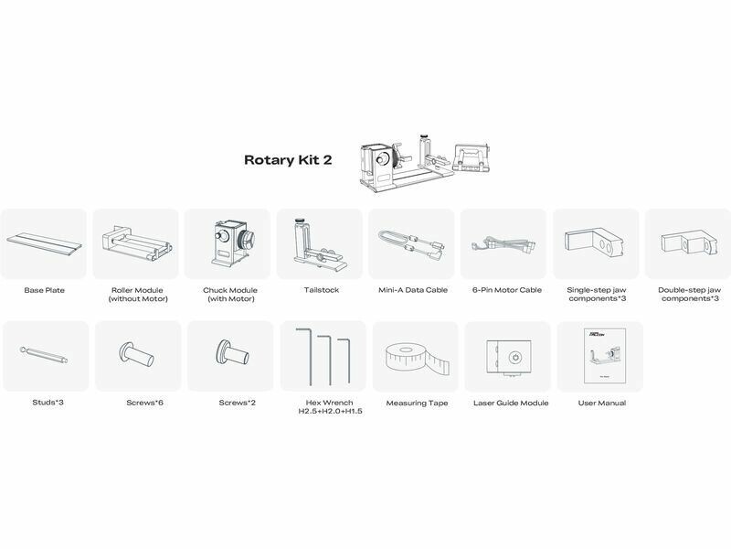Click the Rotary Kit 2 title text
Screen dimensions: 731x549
coord(288,159)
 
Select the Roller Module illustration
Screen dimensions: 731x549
coord(136,242)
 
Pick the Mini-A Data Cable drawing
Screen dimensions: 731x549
coord(410,242)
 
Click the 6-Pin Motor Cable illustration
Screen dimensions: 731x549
coord(504,244)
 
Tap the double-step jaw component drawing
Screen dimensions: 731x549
coord(688,243)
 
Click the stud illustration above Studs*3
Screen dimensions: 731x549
coord(44,355)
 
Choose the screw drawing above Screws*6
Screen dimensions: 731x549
coord(136,355)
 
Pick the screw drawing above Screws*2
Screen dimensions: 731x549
coord(232,353)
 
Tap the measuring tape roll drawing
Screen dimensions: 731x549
coord(418,358)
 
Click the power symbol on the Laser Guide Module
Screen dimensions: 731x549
coord(514,357)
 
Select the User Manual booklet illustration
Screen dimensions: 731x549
coord(605,356)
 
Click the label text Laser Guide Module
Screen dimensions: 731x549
coord(511,403)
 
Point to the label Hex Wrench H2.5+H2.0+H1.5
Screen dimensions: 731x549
coord(330,406)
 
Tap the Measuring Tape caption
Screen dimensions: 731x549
coord(417,403)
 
